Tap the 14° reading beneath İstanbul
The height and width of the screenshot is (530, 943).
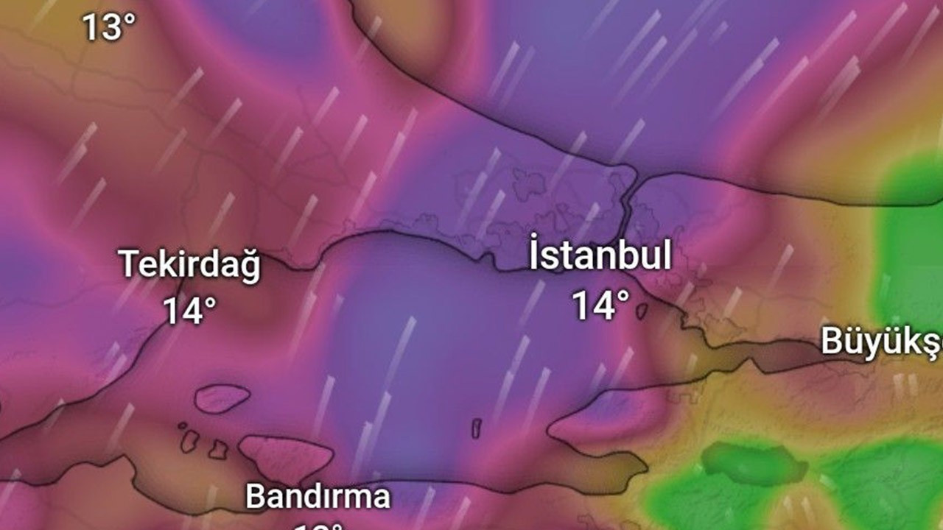(602, 305)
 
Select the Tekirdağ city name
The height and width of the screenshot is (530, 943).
(190, 265)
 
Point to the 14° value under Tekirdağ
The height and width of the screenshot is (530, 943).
(189, 311)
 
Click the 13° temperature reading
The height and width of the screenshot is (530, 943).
(108, 28)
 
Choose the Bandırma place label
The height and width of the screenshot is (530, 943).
(318, 496)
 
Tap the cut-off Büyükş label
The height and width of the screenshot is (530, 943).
(881, 342)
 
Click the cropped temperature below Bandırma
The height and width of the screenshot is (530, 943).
(318, 526)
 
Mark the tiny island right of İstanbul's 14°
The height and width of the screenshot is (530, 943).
(642, 311)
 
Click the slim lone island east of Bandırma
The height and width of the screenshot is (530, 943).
(476, 428)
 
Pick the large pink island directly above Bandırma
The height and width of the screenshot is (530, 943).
(284, 456)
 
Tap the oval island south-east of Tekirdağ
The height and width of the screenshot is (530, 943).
(221, 398)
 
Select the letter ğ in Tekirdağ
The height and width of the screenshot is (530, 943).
(250, 268)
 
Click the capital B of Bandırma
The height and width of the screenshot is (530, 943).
(255, 496)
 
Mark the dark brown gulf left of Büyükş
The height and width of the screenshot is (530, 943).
(781, 356)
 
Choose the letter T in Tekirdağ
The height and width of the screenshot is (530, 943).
(129, 264)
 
